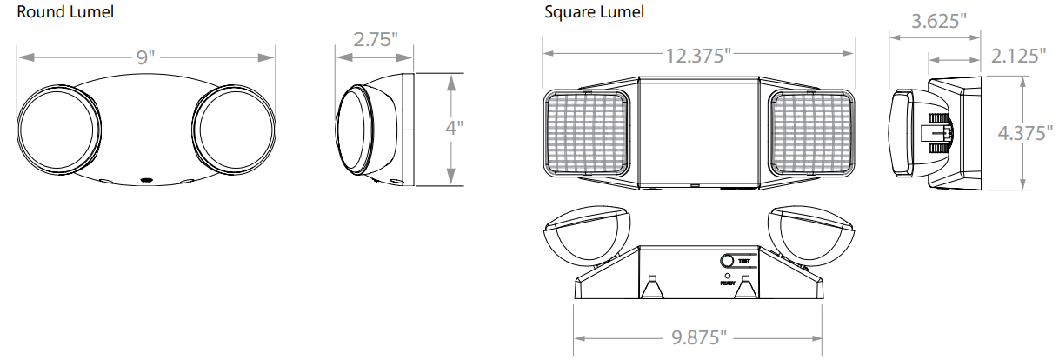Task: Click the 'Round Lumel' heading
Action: click(x=65, y=12)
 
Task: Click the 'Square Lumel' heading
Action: click(x=594, y=12)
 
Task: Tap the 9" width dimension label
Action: click(x=145, y=58)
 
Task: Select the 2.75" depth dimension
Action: click(x=376, y=40)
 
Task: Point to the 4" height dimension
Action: click(x=454, y=128)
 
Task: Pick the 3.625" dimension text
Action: click(x=939, y=22)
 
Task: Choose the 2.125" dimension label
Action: click(x=1018, y=57)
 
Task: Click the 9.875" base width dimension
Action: click(x=698, y=337)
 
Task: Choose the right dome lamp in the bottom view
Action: click(x=810, y=235)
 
